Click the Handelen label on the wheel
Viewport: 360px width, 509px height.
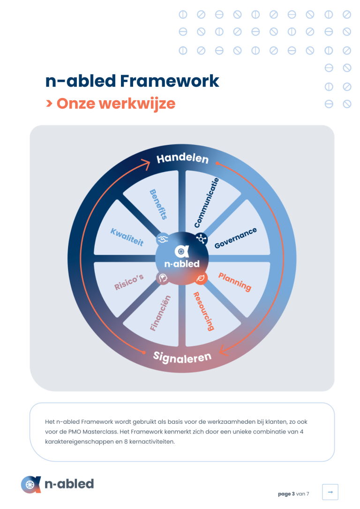182,158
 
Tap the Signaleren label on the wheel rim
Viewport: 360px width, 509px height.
182,358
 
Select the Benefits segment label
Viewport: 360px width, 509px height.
158,204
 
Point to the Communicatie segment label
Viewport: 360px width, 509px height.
206,203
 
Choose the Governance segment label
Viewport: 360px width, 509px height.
236,238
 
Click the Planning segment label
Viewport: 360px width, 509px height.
235,282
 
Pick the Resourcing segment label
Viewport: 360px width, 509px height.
204,311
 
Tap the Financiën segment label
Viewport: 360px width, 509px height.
160,313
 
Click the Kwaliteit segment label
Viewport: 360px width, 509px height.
127,237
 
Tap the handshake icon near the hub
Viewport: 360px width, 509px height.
163,239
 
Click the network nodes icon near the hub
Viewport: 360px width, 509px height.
201,239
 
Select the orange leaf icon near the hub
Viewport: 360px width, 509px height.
201,278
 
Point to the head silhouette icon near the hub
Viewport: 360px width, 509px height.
163,278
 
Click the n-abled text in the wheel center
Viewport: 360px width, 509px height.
182,263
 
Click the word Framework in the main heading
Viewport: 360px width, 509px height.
170,81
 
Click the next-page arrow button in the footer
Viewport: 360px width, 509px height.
330,492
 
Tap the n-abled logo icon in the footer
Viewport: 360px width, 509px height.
31,484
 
